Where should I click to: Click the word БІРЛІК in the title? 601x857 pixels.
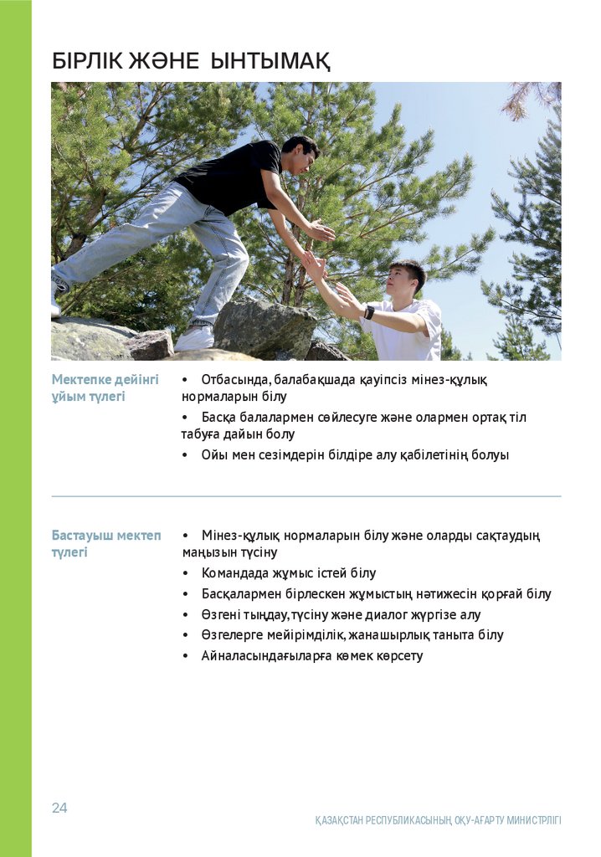pyautogui.click(x=86, y=61)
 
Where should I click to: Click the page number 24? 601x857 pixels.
pyautogui.click(x=59, y=808)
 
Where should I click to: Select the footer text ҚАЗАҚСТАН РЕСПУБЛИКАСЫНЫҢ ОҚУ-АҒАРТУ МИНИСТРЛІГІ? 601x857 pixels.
pyautogui.click(x=438, y=820)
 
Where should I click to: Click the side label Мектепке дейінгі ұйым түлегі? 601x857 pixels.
pyautogui.click(x=105, y=387)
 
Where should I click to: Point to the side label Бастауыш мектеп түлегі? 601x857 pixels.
pyautogui.click(x=105, y=543)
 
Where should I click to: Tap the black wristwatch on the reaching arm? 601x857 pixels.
pyautogui.click(x=369, y=312)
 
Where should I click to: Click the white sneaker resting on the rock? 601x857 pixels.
pyautogui.click(x=194, y=338)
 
